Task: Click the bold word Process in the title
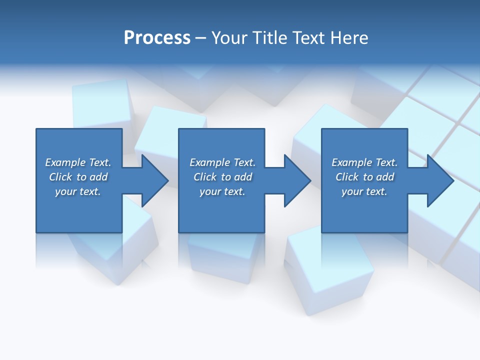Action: point(157,38)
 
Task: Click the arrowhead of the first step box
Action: point(154,180)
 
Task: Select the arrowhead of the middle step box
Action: point(297,180)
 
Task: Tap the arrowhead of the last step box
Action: point(440,180)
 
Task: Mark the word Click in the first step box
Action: point(60,177)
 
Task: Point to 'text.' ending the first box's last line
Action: point(90,191)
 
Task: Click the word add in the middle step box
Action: point(243,177)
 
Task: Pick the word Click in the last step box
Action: point(347,177)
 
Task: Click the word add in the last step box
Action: point(385,177)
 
